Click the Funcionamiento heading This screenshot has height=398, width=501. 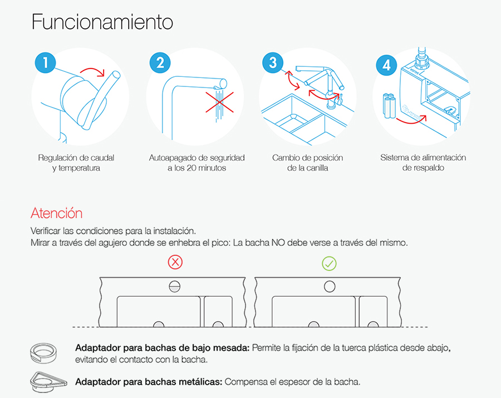[x=102, y=22]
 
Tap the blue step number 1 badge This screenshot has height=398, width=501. [x=46, y=62]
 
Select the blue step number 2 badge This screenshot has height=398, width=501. [x=160, y=62]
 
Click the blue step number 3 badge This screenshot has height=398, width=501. [x=273, y=62]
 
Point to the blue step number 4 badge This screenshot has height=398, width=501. [x=387, y=65]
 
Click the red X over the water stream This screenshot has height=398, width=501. [x=219, y=103]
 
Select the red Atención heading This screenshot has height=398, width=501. [x=57, y=213]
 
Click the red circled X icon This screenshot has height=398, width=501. [x=175, y=263]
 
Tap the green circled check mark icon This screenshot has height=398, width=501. [x=329, y=264]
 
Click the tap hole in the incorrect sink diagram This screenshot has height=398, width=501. [x=174, y=287]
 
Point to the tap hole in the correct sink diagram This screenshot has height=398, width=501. [x=330, y=287]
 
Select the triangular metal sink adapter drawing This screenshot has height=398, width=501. [x=48, y=382]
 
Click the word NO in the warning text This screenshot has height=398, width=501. [x=278, y=243]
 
